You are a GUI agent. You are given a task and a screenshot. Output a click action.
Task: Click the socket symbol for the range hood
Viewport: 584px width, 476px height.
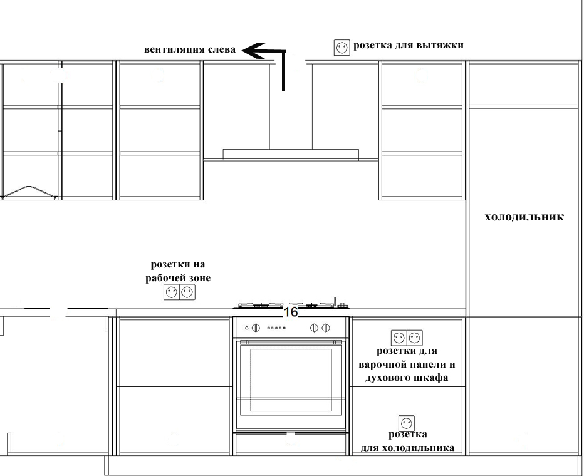tap(342, 48)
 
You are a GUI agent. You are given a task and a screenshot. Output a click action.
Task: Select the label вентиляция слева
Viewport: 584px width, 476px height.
tap(190, 49)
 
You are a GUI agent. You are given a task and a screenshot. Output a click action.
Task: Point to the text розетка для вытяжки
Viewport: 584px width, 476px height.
tap(408, 45)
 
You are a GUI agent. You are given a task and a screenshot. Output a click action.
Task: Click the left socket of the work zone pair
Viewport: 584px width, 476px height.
tap(172, 291)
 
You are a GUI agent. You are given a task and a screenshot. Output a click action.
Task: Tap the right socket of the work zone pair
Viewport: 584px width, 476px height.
tap(187, 291)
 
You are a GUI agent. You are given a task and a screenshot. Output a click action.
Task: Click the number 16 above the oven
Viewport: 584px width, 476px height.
tap(291, 312)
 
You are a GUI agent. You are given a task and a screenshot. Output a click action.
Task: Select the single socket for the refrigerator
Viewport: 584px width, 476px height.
tap(407, 423)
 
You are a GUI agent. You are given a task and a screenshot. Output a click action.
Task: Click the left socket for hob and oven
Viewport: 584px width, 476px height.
tap(399, 338)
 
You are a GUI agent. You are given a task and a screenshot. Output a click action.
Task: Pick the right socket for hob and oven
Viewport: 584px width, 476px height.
tap(414, 338)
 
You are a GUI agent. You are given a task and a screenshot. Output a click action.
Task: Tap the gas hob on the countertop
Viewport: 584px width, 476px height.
tap(291, 305)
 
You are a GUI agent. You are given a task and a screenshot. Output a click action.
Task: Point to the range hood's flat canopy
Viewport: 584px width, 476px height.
tap(291, 154)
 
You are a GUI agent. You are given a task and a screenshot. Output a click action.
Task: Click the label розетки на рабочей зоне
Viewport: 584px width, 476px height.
tap(178, 271)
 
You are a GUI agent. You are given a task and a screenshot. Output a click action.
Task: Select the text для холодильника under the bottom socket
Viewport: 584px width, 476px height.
tap(408, 448)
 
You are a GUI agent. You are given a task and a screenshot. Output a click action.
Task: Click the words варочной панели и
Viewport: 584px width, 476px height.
tap(407, 365)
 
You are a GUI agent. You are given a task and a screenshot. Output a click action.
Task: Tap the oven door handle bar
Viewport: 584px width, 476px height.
tap(291, 343)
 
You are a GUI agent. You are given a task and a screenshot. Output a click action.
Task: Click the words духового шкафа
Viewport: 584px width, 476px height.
tap(407, 378)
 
